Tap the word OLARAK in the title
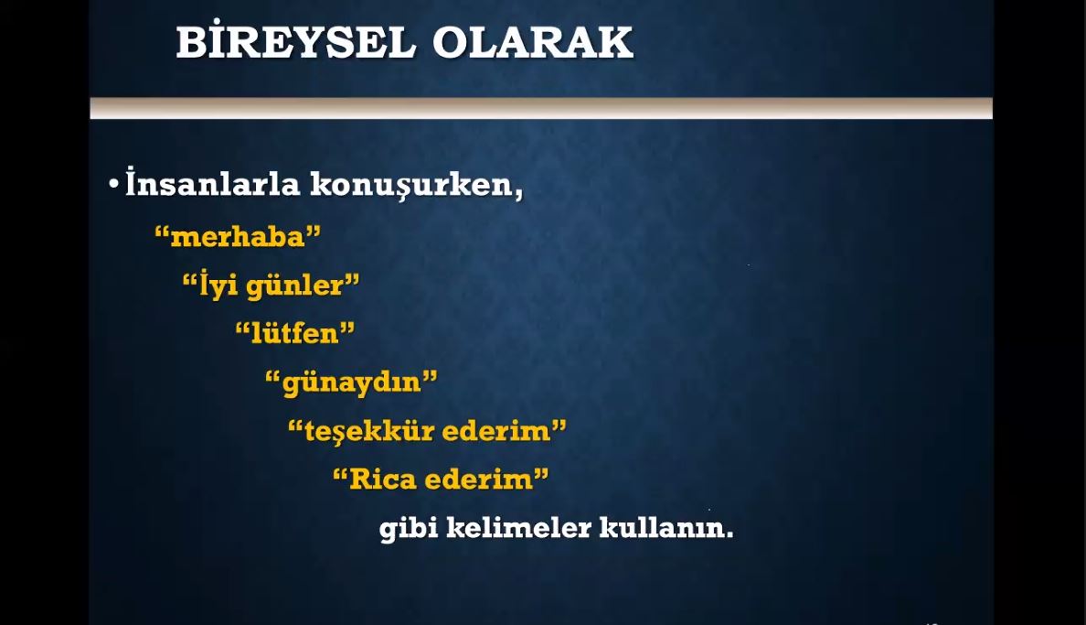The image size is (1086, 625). (533, 43)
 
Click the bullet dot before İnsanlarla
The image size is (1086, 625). (114, 185)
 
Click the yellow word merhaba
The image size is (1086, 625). (238, 237)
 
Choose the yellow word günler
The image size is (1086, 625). (295, 286)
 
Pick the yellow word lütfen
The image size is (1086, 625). (294, 334)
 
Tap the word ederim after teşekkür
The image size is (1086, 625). (495, 431)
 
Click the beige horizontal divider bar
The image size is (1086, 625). (541, 108)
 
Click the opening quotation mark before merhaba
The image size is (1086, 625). (162, 231)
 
